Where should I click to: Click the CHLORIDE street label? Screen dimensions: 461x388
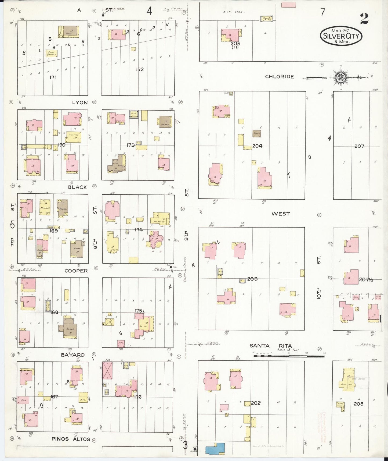tap(279, 77)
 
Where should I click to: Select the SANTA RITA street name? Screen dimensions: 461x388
tap(271, 346)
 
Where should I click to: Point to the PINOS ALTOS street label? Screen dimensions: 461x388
tap(71, 439)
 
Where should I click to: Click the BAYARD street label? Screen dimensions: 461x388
tap(72, 355)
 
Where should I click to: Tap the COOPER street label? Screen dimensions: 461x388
tap(76, 271)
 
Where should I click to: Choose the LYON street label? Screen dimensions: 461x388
tap(80, 102)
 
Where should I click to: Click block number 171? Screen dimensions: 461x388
tap(53, 77)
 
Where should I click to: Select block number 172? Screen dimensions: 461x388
tap(140, 69)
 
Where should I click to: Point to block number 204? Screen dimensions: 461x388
tap(257, 146)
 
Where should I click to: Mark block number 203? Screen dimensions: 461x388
tap(252, 279)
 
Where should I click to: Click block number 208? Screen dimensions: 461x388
tap(358, 404)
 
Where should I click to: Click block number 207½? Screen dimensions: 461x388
tap(366, 280)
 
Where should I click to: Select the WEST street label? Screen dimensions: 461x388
tap(281, 214)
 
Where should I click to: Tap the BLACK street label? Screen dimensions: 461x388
tap(77, 187)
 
